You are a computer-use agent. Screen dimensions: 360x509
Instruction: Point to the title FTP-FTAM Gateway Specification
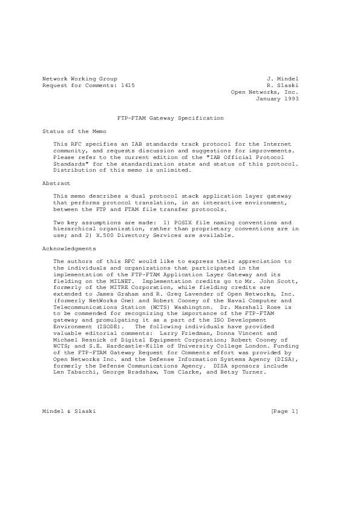click(x=170, y=118)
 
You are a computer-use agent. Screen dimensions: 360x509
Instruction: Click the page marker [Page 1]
click(x=285, y=411)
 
